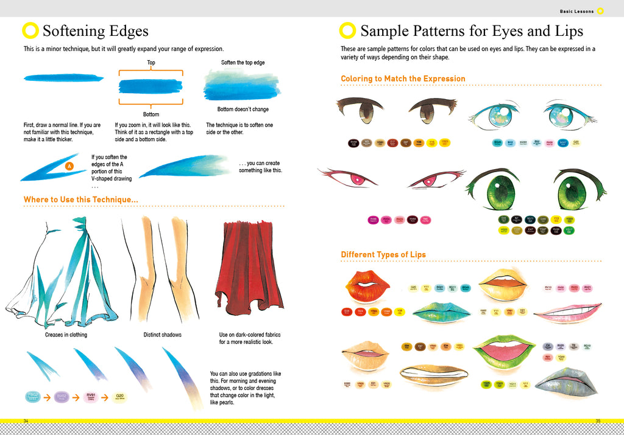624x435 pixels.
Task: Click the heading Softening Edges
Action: (x=95, y=31)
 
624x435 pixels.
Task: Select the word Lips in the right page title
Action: (x=564, y=31)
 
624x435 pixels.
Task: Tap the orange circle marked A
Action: (x=69, y=165)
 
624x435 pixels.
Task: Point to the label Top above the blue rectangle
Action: (x=151, y=63)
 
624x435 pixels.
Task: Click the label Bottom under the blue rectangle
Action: (x=151, y=114)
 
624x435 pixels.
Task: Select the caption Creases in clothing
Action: (x=66, y=335)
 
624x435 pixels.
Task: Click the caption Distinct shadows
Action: (x=162, y=335)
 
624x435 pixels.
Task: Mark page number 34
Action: (x=26, y=421)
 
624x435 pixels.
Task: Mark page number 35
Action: (x=598, y=421)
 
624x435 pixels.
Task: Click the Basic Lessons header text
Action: (x=576, y=11)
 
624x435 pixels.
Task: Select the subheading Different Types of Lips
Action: (x=383, y=254)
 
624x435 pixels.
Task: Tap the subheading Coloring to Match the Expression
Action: (x=403, y=78)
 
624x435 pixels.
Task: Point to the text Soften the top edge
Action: (x=243, y=63)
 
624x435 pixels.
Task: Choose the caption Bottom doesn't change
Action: (x=243, y=110)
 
